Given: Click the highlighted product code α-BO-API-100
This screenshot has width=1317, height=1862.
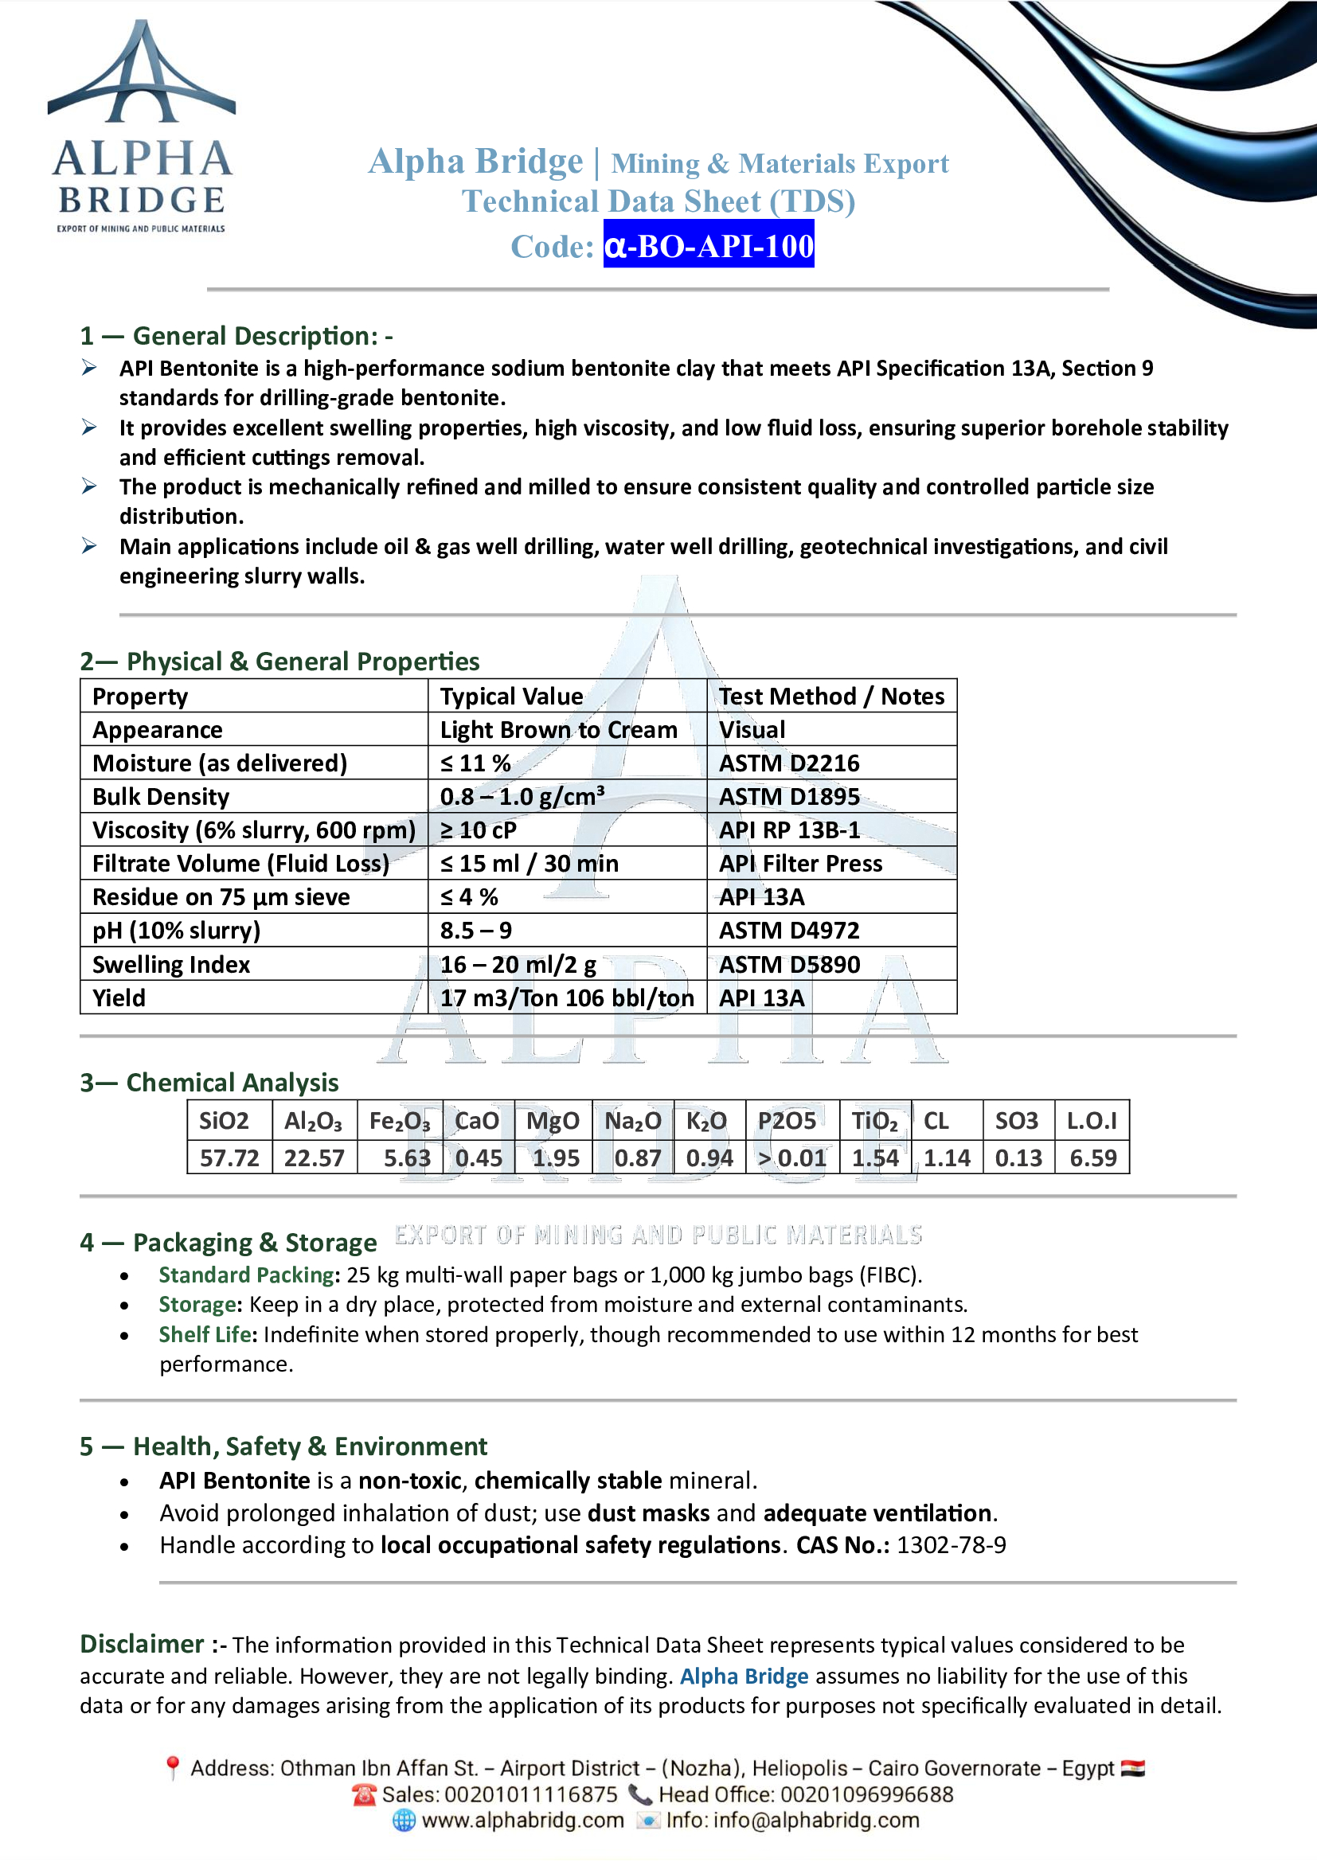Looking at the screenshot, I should tap(708, 246).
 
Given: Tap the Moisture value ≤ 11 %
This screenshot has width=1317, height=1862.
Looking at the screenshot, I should tap(475, 763).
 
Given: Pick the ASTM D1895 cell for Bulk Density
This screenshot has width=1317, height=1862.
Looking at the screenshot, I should tap(789, 796).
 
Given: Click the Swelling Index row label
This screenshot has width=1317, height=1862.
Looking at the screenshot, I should tap(171, 964).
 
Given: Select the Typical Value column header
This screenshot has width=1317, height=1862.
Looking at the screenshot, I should tap(512, 697).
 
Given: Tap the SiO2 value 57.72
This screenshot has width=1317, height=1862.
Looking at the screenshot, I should tap(229, 1157).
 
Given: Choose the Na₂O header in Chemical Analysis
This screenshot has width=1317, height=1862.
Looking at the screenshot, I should tap(633, 1121).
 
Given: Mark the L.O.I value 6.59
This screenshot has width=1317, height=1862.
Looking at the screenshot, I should tap(1092, 1157).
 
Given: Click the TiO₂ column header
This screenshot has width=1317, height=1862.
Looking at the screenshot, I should tap(874, 1121).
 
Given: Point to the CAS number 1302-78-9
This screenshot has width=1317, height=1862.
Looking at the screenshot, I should tap(952, 1545).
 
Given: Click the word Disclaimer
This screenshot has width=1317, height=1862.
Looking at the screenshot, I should tap(142, 1644).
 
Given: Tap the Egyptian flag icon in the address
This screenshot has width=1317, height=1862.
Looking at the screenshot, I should tap(1133, 1768).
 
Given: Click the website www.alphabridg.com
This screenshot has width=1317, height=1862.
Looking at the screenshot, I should tap(523, 1821).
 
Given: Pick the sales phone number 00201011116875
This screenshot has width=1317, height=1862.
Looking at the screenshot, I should tap(531, 1794).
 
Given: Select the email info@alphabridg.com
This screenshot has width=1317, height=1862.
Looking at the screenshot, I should tap(816, 1821).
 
